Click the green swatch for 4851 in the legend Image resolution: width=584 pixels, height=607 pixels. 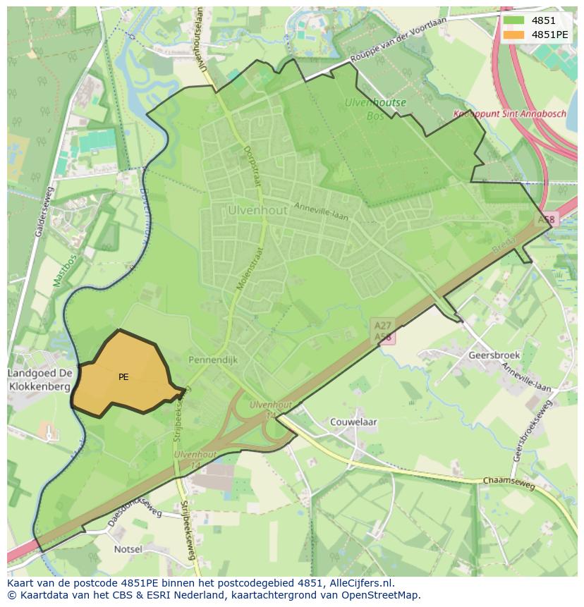tap(514, 21)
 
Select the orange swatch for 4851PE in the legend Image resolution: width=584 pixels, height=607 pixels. tap(514, 35)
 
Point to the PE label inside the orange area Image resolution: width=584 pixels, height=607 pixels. tap(123, 377)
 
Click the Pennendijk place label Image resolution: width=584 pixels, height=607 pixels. tap(214, 360)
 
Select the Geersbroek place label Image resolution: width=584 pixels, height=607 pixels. tap(494, 355)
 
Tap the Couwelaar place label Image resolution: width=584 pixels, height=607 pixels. tap(353, 422)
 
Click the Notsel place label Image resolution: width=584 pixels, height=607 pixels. tap(128, 549)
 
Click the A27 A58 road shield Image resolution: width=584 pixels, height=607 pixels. tap(383, 331)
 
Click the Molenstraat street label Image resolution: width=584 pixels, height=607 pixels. tap(252, 269)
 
